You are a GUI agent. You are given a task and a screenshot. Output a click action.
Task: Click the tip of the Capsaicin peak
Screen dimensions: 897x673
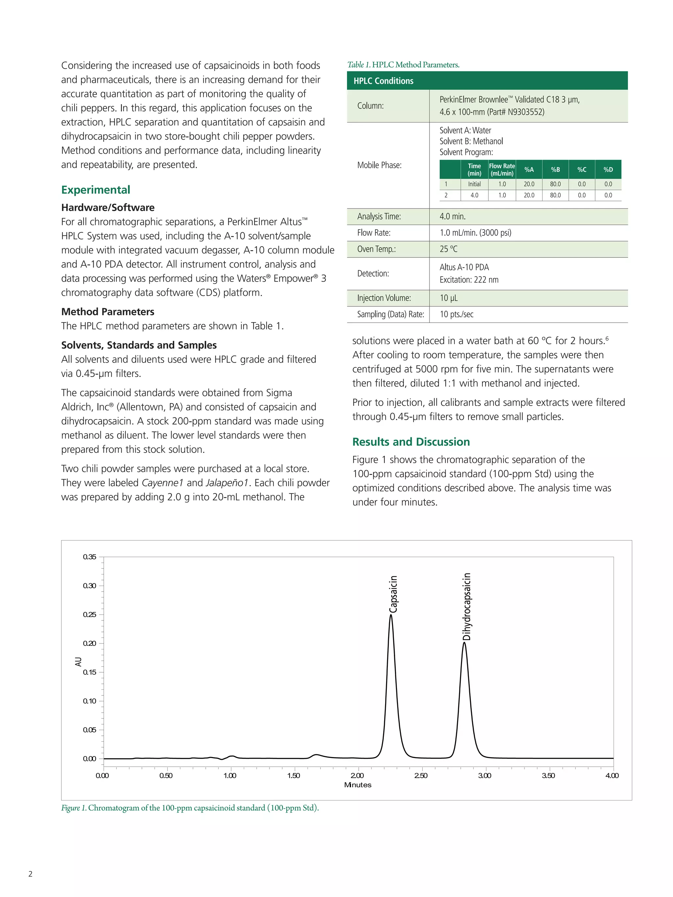[x=391, y=616]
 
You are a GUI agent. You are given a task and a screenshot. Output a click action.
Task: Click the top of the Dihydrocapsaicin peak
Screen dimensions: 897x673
[x=464, y=643]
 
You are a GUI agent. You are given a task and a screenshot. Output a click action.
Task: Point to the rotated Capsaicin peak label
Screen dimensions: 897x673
[x=393, y=594]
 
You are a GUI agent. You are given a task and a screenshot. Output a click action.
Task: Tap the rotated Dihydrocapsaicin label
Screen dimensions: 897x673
[x=467, y=606]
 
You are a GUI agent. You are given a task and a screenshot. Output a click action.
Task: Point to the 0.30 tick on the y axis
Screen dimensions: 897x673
[x=90, y=586]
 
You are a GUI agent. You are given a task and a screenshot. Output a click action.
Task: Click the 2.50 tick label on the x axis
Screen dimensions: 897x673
[x=421, y=775]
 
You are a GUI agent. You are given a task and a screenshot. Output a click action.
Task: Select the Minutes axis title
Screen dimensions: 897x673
[x=358, y=785]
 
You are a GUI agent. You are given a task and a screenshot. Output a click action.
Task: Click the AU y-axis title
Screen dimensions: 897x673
[x=78, y=662]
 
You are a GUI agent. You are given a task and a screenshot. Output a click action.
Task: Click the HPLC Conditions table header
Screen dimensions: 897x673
[x=383, y=81]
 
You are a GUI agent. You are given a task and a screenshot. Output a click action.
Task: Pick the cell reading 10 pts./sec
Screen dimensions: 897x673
[x=456, y=314]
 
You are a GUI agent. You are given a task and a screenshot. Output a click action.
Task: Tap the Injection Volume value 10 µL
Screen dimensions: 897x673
[x=448, y=298]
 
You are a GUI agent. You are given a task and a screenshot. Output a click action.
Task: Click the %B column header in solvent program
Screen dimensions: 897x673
[x=555, y=169]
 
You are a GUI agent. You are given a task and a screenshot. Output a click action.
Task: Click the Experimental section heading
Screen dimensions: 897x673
[x=96, y=190]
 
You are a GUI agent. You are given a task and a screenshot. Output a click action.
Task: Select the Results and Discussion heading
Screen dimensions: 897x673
[x=411, y=442]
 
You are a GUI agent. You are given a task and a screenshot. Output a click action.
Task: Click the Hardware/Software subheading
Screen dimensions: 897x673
[x=108, y=208]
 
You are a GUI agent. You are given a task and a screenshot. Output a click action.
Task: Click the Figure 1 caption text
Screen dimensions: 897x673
[x=190, y=808]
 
